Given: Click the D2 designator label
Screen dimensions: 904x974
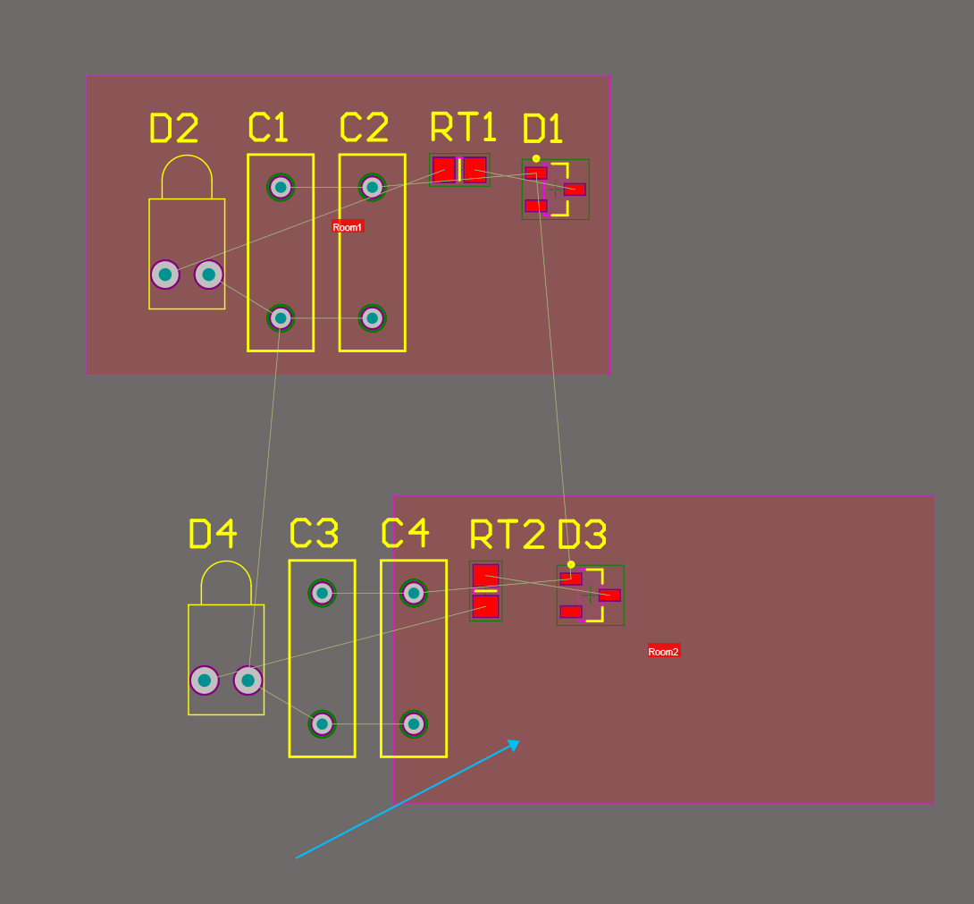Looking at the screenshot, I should click(173, 129).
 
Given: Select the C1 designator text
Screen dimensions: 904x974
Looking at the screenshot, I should click(268, 127).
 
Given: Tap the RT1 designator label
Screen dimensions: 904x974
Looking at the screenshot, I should click(463, 127).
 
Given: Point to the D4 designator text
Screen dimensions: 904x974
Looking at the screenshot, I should click(213, 534).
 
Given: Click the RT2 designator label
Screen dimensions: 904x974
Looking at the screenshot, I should click(507, 535).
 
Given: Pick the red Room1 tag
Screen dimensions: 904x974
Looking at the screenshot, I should click(348, 227).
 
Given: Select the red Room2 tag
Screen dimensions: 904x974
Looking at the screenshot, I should click(664, 652).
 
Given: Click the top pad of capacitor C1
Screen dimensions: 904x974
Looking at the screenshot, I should click(281, 187).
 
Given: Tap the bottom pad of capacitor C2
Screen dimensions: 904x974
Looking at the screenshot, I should click(373, 317).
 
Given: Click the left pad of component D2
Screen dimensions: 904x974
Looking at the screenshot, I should click(165, 275).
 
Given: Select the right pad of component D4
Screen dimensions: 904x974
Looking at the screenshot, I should click(248, 680).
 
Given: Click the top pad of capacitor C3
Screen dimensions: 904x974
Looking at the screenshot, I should click(322, 593).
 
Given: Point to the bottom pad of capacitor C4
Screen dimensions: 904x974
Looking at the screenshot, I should click(413, 723).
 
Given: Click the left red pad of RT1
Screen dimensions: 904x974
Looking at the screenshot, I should click(444, 169).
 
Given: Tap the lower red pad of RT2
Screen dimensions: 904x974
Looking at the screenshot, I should click(485, 606).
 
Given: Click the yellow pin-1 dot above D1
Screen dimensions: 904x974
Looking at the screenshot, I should click(536, 158).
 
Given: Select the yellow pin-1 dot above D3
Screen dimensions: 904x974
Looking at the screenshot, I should click(571, 564).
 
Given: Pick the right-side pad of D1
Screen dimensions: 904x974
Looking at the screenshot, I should click(575, 190).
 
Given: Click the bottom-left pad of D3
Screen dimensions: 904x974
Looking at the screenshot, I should click(571, 612).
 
